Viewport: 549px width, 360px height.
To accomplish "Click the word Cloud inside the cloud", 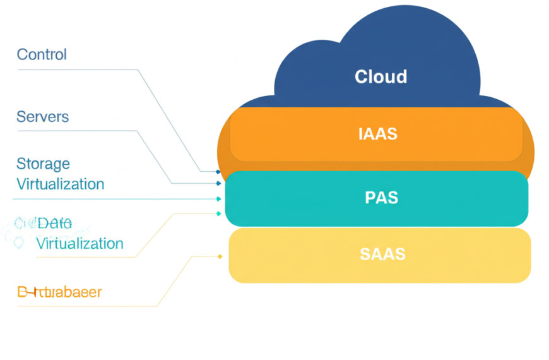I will click(x=381, y=77).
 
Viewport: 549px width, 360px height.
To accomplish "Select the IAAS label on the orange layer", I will click(x=377, y=134).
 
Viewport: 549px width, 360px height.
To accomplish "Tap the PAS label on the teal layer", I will click(x=381, y=198).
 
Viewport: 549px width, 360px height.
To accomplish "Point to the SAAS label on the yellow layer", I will click(x=382, y=255).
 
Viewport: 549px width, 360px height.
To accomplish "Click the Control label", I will click(x=42, y=54).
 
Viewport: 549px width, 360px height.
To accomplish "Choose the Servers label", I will click(x=42, y=117).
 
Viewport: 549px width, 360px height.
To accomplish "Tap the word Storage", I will click(x=43, y=164).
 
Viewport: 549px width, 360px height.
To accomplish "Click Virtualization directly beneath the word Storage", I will click(x=60, y=184).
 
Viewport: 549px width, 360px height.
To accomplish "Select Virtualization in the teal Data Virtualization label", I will click(x=80, y=243).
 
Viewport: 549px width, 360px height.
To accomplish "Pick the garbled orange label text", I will click(x=59, y=292).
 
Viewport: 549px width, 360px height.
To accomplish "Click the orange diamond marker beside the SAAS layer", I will click(x=220, y=256).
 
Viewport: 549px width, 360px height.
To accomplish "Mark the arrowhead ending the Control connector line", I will click(x=218, y=172).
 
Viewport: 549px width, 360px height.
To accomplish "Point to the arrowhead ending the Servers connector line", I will click(x=218, y=184).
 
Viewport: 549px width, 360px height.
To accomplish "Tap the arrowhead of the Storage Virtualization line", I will click(x=219, y=199).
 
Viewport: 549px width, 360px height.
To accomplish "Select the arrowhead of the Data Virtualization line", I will click(x=219, y=213).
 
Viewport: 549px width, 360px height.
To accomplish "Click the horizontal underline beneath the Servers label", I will click(x=76, y=131).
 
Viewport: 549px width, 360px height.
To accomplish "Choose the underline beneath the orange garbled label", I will click(x=82, y=306).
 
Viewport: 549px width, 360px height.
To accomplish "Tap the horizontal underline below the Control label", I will click(x=76, y=69).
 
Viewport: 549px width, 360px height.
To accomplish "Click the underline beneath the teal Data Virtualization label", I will click(x=76, y=257).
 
